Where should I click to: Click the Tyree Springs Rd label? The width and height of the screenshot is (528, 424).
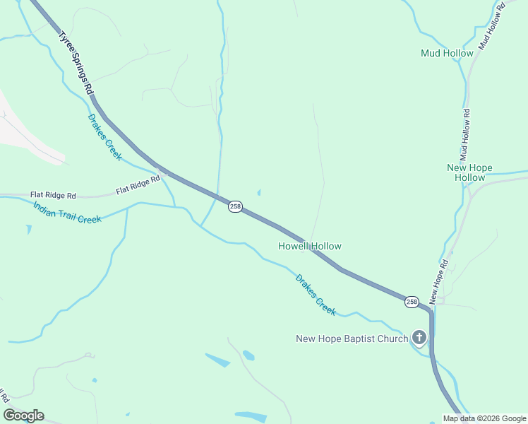pyautogui.click(x=76, y=63)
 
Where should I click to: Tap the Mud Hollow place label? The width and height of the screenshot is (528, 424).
pyautogui.click(x=447, y=53)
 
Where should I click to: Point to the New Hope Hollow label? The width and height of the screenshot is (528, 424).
pyautogui.click(x=469, y=172)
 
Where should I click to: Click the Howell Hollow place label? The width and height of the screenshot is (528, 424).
pyautogui.click(x=310, y=247)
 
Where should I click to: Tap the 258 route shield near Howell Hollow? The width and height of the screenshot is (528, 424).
pyautogui.click(x=235, y=206)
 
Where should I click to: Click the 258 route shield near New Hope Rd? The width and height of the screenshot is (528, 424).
pyautogui.click(x=412, y=302)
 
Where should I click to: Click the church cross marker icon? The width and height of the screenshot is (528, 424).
pyautogui.click(x=419, y=338)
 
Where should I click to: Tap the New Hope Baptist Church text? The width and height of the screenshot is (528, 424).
pyautogui.click(x=352, y=338)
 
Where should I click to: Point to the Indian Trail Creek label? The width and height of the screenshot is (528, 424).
pyautogui.click(x=68, y=212)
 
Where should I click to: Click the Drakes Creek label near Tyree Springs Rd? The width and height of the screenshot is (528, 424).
pyautogui.click(x=104, y=137)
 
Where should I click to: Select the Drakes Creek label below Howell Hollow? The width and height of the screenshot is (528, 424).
pyautogui.click(x=316, y=295)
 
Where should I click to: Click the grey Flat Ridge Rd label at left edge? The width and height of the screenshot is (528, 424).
pyautogui.click(x=53, y=194)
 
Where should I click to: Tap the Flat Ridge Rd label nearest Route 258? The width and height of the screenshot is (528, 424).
pyautogui.click(x=138, y=186)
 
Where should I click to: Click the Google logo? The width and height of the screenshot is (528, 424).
pyautogui.click(x=23, y=416)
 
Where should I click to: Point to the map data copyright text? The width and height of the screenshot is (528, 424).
pyautogui.click(x=484, y=418)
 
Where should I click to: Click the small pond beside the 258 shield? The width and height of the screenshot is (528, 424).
pyautogui.click(x=259, y=192)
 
